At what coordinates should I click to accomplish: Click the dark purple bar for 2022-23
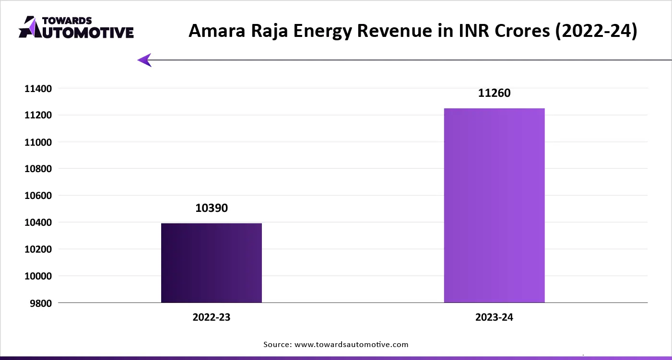(212, 263)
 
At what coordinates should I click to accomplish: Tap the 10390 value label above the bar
(212, 209)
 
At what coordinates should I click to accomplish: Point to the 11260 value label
(494, 93)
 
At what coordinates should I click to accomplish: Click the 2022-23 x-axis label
(212, 317)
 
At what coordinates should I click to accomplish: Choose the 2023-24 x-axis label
(494, 317)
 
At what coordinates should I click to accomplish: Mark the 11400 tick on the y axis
(37, 89)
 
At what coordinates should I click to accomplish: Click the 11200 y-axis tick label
(37, 116)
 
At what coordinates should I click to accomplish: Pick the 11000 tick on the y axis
(37, 142)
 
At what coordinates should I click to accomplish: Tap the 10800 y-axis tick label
(37, 169)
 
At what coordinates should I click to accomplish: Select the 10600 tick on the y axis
(37, 196)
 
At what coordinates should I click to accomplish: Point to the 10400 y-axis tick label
(37, 223)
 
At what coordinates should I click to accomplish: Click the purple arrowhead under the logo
(144, 60)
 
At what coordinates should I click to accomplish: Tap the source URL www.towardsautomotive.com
(351, 344)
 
